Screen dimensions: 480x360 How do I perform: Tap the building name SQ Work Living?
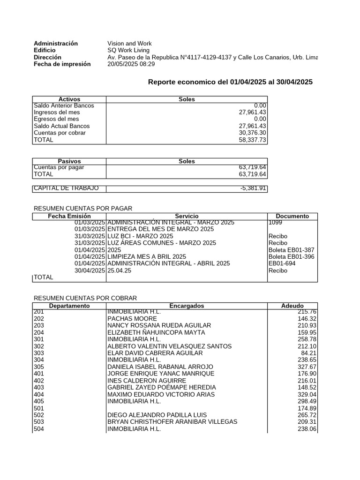coord(128,50)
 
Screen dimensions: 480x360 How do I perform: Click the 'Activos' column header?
coord(69,99)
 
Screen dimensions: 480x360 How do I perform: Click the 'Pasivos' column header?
coord(69,161)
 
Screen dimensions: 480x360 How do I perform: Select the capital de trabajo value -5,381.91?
coord(253,188)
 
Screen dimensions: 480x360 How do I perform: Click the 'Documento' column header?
coord(292,216)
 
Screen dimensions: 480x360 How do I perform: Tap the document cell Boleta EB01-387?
coord(291,250)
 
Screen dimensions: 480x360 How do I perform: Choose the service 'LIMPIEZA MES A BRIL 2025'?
coord(147,257)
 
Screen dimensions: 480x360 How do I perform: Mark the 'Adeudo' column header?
coord(292,306)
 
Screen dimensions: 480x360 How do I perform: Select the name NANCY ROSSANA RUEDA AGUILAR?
coord(159,325)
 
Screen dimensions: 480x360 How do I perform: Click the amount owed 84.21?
coord(308,353)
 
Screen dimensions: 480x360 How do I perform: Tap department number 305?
coord(39,367)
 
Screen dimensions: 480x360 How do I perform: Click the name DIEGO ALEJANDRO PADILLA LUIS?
coord(157,415)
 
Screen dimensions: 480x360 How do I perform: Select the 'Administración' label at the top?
coord(56,43)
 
